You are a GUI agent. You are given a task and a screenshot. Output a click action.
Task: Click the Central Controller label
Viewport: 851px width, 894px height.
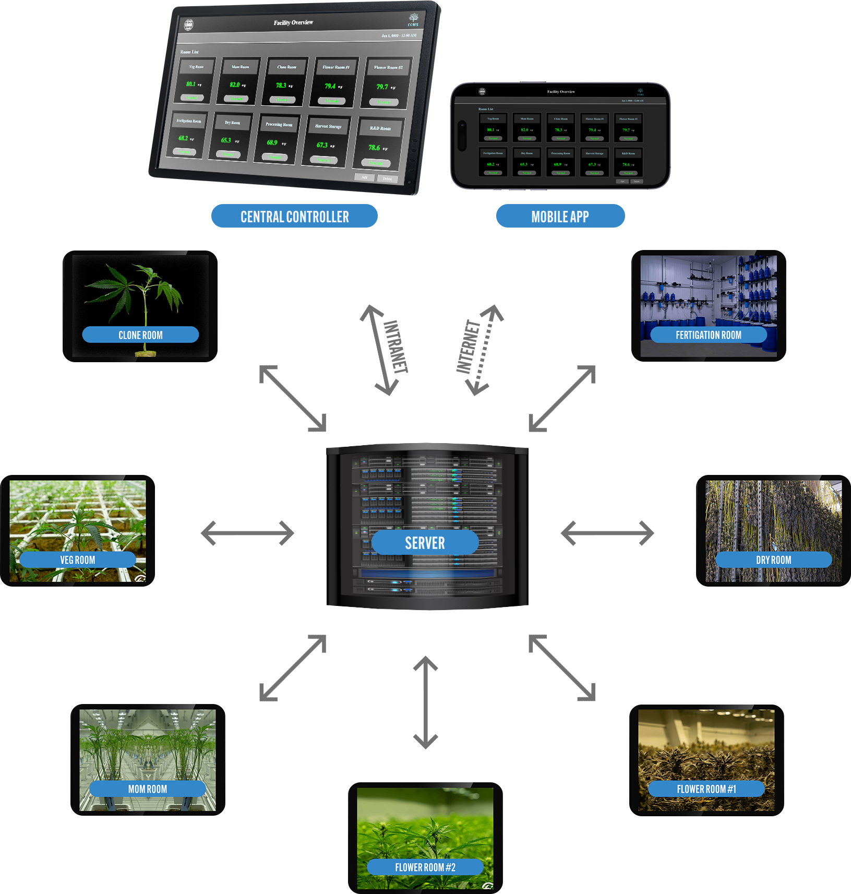coord(295,217)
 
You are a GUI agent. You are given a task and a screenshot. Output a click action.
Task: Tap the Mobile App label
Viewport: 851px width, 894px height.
coord(560,217)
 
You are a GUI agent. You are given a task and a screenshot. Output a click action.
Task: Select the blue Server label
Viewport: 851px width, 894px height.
coord(425,543)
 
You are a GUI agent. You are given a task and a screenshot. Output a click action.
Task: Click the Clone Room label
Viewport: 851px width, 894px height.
coord(140,335)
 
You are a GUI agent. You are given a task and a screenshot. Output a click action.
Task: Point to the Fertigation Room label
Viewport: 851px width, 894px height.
coord(708,335)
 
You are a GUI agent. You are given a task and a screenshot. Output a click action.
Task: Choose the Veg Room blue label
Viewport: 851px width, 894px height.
coord(78,560)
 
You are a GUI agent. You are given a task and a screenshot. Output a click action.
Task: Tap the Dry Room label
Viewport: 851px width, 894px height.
coord(773,560)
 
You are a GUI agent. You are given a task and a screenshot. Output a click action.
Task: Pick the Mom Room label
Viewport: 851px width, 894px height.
coord(148,789)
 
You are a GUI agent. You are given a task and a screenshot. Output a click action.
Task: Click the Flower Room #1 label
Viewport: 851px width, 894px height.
coord(706,789)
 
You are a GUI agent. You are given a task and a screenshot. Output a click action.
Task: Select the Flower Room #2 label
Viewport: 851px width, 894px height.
coord(425,867)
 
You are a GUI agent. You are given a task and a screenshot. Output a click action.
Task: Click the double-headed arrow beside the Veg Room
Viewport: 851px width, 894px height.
coord(249,535)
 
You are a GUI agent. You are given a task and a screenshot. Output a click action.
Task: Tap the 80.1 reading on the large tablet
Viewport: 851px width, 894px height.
coord(191,84)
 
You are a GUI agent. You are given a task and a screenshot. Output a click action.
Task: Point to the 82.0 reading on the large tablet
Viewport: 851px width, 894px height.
coord(235,85)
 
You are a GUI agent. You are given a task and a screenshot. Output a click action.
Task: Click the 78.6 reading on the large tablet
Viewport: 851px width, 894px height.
coord(374,148)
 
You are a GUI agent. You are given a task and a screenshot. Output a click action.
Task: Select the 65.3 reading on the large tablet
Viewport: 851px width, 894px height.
coord(226,140)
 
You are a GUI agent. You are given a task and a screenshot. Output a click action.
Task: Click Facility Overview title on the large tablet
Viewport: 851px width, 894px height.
coord(293,22)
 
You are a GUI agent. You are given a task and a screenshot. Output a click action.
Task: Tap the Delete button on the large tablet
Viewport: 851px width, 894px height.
coord(387,178)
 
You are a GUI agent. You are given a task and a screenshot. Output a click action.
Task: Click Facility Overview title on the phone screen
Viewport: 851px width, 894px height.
coord(561,92)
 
